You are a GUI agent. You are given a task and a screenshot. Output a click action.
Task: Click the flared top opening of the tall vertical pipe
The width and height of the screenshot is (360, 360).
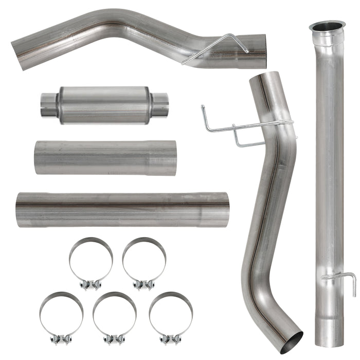click(x=327, y=26)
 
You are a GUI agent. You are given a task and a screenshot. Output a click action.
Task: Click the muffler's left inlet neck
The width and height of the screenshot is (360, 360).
click(x=49, y=104)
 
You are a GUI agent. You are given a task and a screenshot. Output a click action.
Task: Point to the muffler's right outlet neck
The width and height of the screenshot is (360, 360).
click(x=159, y=104)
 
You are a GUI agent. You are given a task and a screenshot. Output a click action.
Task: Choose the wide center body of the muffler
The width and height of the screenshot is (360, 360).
click(x=104, y=105)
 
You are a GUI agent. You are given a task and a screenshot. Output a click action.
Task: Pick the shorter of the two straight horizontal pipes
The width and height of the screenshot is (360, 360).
click(x=105, y=158)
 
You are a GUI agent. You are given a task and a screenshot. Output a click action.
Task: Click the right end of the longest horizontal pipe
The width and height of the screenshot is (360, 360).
click(x=221, y=209)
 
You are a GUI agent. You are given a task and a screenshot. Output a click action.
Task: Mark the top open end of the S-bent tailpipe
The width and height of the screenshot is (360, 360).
click(x=263, y=80)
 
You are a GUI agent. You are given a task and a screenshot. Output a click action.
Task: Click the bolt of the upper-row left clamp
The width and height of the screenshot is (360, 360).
click(x=91, y=284)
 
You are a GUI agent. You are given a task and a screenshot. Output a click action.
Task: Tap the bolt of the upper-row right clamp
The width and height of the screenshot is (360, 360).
click(x=143, y=284)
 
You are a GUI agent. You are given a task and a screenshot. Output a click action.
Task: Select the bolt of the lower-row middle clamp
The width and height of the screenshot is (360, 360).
click(x=114, y=339)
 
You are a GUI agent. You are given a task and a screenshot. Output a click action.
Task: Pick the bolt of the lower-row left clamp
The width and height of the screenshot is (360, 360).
click(x=61, y=339)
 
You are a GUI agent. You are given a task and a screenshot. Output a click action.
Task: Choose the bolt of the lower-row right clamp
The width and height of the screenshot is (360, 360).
click(x=170, y=339)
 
